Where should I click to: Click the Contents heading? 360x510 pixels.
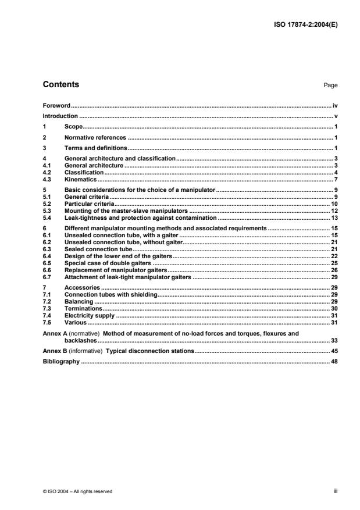point(61,85)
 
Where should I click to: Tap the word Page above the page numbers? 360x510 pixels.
point(330,85)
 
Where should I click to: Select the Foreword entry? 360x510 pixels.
point(56,106)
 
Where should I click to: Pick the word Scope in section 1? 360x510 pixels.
point(73,127)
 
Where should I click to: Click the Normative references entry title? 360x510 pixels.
point(95,138)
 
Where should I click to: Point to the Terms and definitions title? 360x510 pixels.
point(95,148)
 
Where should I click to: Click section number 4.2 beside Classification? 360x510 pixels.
point(48,173)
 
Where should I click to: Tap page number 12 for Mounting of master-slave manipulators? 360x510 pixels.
point(334,211)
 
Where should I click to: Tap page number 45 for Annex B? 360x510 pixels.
point(334,351)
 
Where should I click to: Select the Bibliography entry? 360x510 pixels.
point(61,362)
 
